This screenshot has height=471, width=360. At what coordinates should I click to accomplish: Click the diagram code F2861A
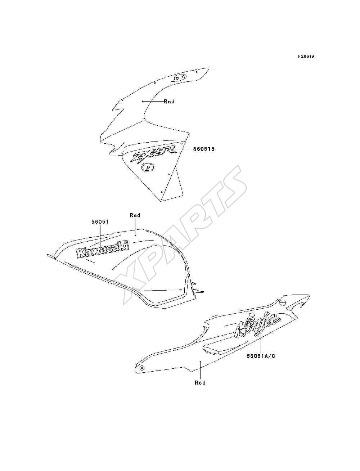click(306, 57)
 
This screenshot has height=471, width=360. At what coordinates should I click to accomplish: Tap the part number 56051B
click(204, 149)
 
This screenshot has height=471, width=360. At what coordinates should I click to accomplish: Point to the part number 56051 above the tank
click(100, 222)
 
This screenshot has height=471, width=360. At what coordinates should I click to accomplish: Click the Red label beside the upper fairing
click(169, 102)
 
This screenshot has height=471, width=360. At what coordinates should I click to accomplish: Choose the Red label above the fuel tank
click(135, 215)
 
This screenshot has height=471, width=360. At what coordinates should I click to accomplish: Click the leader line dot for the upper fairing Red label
click(143, 101)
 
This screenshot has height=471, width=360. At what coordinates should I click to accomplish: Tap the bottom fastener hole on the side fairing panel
click(161, 192)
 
